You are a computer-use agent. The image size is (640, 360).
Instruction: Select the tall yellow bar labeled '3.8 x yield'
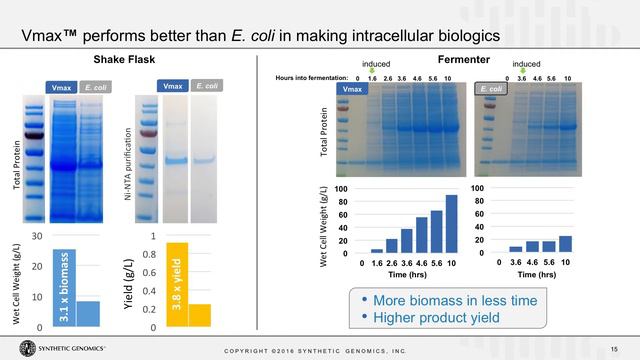176,285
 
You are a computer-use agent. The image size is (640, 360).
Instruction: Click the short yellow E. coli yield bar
199,315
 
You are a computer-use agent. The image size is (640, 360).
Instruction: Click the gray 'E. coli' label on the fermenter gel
490,90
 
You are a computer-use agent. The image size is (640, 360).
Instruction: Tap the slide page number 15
613,347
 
